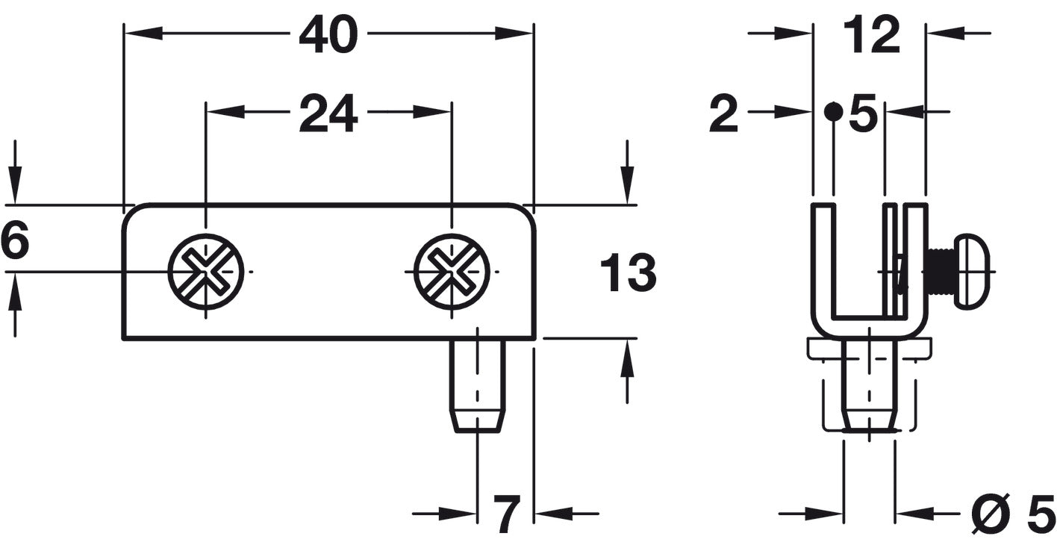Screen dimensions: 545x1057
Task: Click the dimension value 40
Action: (x=328, y=35)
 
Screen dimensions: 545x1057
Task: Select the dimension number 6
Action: (x=14, y=243)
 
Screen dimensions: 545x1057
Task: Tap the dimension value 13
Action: (x=628, y=273)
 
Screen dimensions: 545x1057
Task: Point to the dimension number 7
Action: (x=506, y=514)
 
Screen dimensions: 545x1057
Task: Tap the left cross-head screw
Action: (x=206, y=272)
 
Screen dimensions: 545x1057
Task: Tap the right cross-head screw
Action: (x=452, y=272)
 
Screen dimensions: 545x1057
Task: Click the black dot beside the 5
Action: (x=833, y=113)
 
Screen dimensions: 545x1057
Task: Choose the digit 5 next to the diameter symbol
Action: (x=1041, y=514)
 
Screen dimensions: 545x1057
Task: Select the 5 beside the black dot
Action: (x=863, y=116)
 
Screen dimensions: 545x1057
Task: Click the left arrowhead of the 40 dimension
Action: (x=142, y=33)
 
